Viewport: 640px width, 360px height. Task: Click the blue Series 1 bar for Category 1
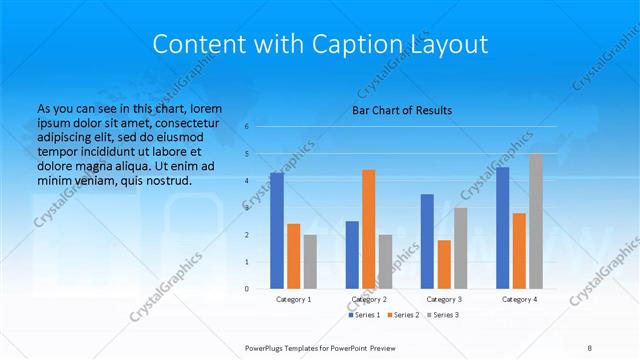[x=276, y=230]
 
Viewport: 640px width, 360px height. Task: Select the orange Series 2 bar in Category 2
[x=368, y=228]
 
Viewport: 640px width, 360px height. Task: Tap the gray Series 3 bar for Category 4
[x=536, y=220]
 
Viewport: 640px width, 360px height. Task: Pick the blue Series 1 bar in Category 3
[x=427, y=241]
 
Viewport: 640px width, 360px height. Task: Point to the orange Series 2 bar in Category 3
[x=444, y=264]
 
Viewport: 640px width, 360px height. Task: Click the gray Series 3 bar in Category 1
[x=310, y=261]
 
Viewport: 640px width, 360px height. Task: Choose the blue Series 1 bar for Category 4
[x=502, y=227]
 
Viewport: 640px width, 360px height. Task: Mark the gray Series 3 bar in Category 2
[x=385, y=261]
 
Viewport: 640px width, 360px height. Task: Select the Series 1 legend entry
[x=363, y=315]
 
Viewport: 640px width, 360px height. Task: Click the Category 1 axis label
[x=293, y=299]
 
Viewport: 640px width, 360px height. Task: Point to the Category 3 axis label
[x=444, y=299]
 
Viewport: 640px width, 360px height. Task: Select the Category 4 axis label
[x=519, y=299]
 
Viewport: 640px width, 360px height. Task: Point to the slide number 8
[x=589, y=347]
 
